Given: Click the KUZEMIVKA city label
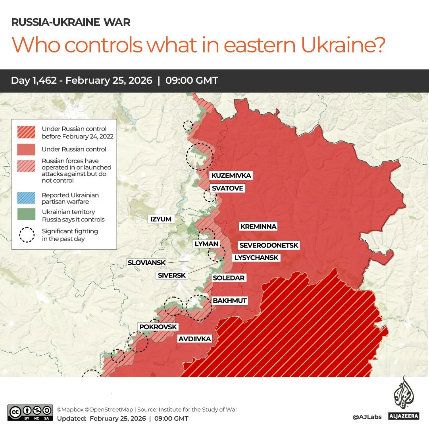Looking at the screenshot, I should pos(231,175).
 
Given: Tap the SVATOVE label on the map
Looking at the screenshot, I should pos(227,188).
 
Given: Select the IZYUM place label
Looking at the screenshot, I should pos(160,219).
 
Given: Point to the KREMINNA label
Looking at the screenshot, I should pos(258,227).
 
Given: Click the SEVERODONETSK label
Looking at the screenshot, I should pos(268,246).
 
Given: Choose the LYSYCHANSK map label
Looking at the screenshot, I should pos(256,258).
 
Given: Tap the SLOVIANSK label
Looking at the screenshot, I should pos(145,263).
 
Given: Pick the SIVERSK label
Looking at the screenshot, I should pos(171,275).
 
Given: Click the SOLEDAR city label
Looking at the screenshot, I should pos(229,278).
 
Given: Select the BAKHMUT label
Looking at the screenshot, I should pos(230,301).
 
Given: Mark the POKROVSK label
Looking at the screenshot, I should pos(158,327).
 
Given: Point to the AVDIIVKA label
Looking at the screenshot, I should pos(194,339).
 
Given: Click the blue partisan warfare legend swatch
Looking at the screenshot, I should pos(27,197).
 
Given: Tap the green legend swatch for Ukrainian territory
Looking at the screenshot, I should pos(27,214).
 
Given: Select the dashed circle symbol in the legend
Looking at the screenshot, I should pos(27,235).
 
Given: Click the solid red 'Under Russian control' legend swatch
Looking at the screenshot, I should pos(27,150).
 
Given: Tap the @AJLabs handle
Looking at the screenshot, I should pos(367,417).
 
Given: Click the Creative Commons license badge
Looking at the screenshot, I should pos(30,412).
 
